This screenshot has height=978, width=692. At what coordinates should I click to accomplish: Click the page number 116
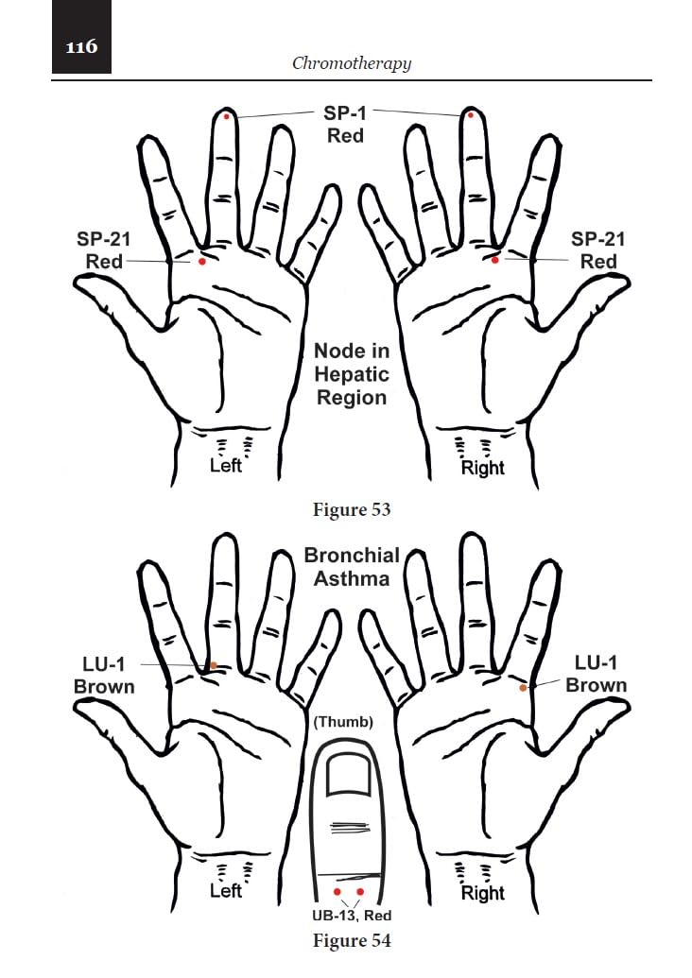(81, 47)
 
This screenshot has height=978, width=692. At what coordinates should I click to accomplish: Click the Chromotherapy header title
(352, 63)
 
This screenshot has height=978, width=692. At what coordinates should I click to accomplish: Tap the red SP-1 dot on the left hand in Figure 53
(227, 116)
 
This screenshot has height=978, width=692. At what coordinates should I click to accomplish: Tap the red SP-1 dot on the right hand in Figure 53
(471, 115)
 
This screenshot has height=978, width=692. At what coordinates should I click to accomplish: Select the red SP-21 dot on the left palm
(201, 262)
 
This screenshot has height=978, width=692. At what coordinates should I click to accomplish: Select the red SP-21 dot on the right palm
(494, 260)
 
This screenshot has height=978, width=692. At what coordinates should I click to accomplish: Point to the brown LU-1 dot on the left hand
(214, 665)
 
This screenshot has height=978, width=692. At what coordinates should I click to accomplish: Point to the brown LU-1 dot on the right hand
(523, 688)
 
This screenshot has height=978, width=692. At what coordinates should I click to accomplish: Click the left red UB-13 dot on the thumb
(337, 892)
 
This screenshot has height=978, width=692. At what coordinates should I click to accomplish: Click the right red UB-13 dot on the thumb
(360, 892)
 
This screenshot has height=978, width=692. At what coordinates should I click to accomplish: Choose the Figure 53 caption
(352, 509)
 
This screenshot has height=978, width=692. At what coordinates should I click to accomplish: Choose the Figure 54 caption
(352, 940)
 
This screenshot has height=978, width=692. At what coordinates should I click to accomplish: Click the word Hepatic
(352, 374)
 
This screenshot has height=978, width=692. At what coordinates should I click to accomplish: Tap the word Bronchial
(352, 555)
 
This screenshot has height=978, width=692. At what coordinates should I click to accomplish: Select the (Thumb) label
(343, 722)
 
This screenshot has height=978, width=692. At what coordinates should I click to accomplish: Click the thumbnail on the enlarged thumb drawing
(349, 774)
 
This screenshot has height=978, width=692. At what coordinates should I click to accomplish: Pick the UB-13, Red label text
(352, 916)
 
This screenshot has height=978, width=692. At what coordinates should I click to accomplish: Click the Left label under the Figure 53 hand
(226, 466)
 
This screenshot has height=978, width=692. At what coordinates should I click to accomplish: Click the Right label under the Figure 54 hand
(483, 893)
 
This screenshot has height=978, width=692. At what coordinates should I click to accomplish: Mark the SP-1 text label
(344, 113)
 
